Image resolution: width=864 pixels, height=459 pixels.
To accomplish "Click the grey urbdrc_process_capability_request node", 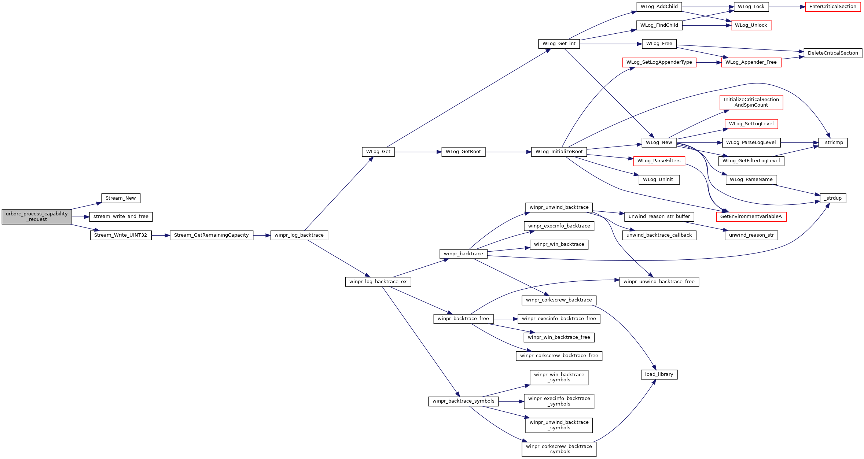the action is point(37,216).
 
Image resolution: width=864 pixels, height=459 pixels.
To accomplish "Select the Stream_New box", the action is point(121,198).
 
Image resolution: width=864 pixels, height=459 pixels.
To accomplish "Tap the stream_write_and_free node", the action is point(121,217).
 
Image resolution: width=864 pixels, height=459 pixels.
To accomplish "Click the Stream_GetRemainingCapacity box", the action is point(212,235).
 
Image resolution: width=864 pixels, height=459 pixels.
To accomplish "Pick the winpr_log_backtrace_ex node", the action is point(378,282).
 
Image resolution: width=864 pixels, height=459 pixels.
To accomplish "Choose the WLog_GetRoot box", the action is point(463,152).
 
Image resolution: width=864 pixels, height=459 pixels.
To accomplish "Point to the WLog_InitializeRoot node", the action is point(559,152).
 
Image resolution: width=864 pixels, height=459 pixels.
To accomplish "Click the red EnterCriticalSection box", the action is point(833,7).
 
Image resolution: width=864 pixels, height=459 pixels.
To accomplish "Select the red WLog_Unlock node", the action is point(751,25).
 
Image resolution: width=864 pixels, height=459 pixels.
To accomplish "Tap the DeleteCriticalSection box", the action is point(833,53).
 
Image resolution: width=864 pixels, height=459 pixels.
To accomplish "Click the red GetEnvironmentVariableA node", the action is point(751,216).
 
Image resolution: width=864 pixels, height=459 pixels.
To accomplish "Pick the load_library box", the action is point(659,374).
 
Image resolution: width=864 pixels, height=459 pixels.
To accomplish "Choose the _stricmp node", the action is point(833,142).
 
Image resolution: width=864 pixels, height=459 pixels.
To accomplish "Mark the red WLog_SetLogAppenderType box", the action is point(659,62).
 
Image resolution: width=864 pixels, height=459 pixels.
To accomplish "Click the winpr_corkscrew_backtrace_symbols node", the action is point(559,449).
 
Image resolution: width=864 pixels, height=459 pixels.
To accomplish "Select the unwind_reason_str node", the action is point(751,235).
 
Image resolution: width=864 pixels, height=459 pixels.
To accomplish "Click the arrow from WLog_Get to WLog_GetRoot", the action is point(418,152).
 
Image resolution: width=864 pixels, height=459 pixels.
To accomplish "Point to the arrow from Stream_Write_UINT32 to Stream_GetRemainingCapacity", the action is point(161,235).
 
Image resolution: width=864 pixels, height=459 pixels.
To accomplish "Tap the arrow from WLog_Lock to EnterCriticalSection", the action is point(787,7).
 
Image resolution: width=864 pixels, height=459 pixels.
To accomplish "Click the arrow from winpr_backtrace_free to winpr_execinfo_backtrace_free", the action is point(506,319).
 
